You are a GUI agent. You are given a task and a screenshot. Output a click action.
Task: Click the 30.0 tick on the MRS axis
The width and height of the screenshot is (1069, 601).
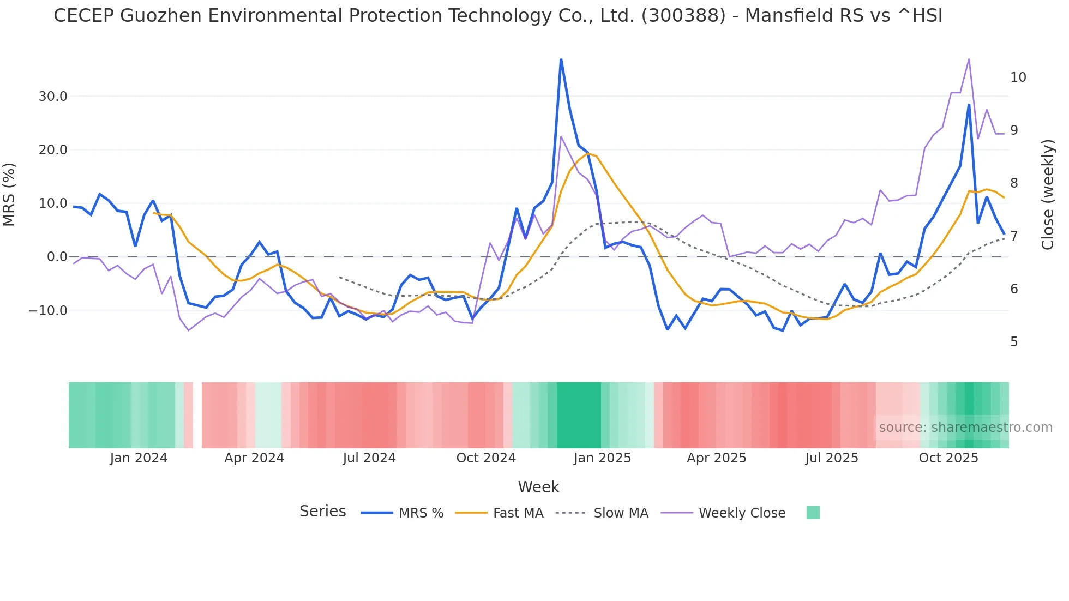coord(52,97)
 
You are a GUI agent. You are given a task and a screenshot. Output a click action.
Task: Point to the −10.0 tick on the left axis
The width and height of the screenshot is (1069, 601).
coord(48,311)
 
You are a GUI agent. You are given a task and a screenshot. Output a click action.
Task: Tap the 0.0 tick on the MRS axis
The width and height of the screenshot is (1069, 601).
coord(57,257)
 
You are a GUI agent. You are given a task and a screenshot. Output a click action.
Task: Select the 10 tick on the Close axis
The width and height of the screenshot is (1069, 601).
coord(1018,77)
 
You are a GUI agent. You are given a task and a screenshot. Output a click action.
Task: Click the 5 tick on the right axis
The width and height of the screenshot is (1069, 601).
coord(1014,342)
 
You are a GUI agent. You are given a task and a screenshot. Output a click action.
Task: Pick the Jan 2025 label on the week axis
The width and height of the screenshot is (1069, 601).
coord(602,458)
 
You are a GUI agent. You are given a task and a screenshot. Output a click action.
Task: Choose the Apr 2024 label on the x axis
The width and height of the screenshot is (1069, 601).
coord(254,458)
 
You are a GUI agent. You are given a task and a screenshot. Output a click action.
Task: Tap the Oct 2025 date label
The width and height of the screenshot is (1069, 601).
coord(948,458)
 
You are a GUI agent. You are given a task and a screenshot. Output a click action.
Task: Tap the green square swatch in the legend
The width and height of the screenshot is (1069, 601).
coord(813,513)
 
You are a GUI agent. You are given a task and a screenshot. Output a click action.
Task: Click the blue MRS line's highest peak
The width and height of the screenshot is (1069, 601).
coord(561,59)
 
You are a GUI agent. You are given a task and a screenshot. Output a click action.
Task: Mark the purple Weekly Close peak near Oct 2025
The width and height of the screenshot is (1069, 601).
coord(969,59)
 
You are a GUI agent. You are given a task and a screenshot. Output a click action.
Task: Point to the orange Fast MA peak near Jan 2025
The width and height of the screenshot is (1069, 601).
coord(588,154)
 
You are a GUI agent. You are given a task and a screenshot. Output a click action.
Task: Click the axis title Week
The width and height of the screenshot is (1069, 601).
coord(538,487)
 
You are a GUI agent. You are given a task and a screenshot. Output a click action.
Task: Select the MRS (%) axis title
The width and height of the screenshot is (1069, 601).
coord(9,194)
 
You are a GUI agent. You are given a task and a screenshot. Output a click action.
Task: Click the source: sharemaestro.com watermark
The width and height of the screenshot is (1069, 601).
coord(965,428)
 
